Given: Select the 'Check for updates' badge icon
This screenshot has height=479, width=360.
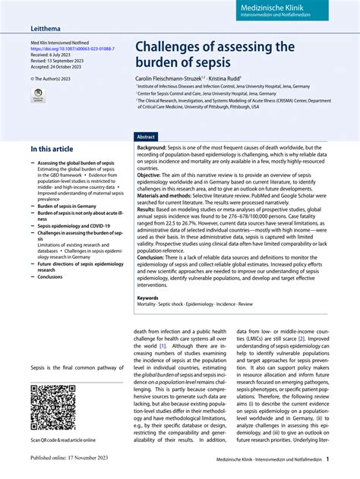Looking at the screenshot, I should click(37, 94).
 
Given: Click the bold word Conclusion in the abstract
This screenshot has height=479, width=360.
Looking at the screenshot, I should click(153, 257).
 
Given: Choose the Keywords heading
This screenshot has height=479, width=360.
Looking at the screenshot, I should click(149, 298).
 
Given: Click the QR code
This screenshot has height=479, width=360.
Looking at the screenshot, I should click(52, 406).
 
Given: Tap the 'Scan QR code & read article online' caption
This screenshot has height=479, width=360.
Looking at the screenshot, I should click(63, 440).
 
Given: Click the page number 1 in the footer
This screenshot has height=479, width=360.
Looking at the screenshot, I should click(327, 459).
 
